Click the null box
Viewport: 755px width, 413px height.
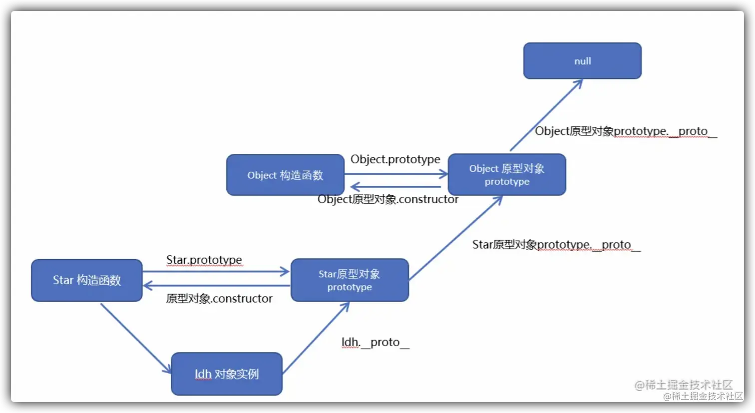(x=582, y=61)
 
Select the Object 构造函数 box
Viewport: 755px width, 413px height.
(x=285, y=175)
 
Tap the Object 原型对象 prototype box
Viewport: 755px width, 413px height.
(x=507, y=174)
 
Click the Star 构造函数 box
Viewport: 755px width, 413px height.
(x=87, y=280)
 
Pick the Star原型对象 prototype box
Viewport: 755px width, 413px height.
(x=350, y=280)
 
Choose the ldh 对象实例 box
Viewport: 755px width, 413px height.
(x=227, y=374)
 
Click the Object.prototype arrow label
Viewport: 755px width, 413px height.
(x=395, y=159)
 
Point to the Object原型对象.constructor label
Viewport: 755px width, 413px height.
(x=388, y=199)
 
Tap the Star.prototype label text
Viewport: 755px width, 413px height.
(x=204, y=260)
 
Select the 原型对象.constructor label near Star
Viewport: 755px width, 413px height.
(x=219, y=299)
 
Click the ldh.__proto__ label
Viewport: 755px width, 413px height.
(x=375, y=343)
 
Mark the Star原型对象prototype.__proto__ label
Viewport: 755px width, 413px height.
(x=556, y=245)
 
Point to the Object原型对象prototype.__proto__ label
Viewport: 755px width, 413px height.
(x=626, y=131)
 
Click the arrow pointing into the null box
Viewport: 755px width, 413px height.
(x=546, y=115)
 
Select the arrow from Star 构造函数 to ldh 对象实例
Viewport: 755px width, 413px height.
(x=135, y=338)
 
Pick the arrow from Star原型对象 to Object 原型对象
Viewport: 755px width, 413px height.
(x=455, y=238)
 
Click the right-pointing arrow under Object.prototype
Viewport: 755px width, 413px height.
(x=396, y=174)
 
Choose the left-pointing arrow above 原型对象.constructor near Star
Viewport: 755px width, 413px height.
(x=216, y=286)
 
